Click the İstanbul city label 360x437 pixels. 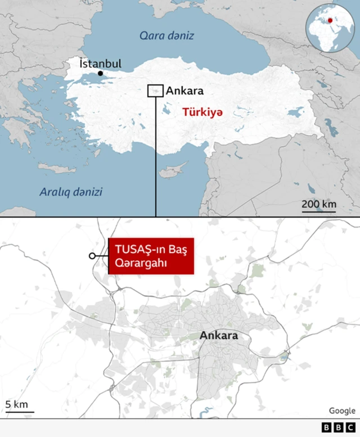point(101,64)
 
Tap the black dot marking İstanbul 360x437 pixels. point(100,74)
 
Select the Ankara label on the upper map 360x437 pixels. point(185,91)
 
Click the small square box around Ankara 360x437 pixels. point(155,91)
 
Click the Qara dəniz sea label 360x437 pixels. point(166,36)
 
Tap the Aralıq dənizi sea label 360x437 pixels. point(71,192)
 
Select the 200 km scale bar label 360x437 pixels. point(318,203)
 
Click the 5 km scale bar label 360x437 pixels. point(16,404)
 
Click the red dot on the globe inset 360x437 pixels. point(330,21)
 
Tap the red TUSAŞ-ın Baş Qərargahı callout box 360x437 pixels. point(150,256)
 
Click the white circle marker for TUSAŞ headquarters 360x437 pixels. point(92,256)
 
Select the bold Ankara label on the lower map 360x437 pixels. point(219,336)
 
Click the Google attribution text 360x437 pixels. point(342,411)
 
